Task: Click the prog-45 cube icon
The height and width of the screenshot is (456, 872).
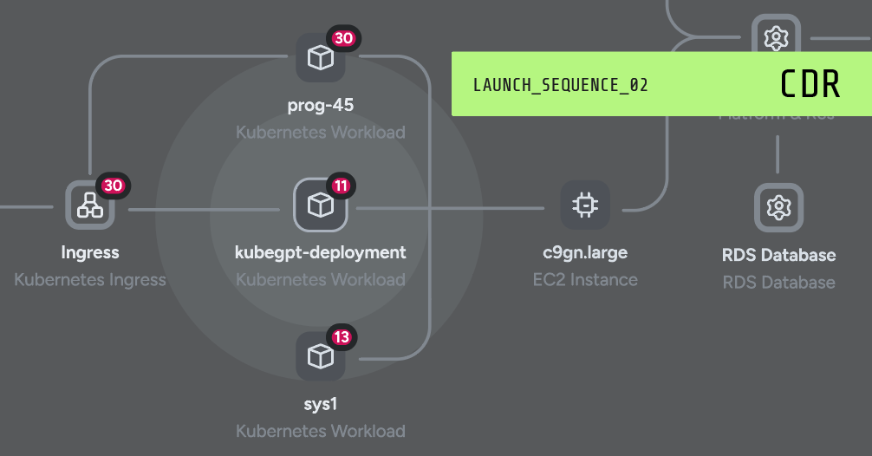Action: point(321,58)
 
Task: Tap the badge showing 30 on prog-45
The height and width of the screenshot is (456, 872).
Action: point(344,39)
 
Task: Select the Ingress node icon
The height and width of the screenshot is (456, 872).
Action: point(90,205)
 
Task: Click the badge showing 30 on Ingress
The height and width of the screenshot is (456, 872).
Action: point(114,186)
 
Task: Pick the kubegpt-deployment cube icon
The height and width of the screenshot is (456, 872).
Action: point(321,205)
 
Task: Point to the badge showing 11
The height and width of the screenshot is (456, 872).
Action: point(342,186)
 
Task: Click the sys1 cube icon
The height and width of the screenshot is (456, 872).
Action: point(321,355)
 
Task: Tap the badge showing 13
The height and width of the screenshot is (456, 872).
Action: point(342,336)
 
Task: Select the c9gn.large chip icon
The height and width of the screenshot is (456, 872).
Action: point(585,205)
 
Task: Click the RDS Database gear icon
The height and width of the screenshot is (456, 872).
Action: point(778,208)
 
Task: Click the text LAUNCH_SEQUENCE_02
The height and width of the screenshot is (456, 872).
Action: point(561,85)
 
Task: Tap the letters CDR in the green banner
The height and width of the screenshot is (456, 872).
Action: point(810,84)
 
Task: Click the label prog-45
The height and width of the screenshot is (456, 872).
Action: point(321,106)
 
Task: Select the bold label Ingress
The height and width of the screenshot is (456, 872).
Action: point(90,253)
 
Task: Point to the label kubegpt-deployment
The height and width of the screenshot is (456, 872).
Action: point(321,253)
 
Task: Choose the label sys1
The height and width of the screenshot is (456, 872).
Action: point(321,404)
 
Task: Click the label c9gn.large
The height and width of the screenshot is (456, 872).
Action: point(585,253)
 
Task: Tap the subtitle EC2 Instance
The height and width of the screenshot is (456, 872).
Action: point(585,280)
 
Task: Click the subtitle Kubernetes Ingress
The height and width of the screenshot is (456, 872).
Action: point(90,280)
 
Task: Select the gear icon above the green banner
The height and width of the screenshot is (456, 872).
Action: point(775,37)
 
